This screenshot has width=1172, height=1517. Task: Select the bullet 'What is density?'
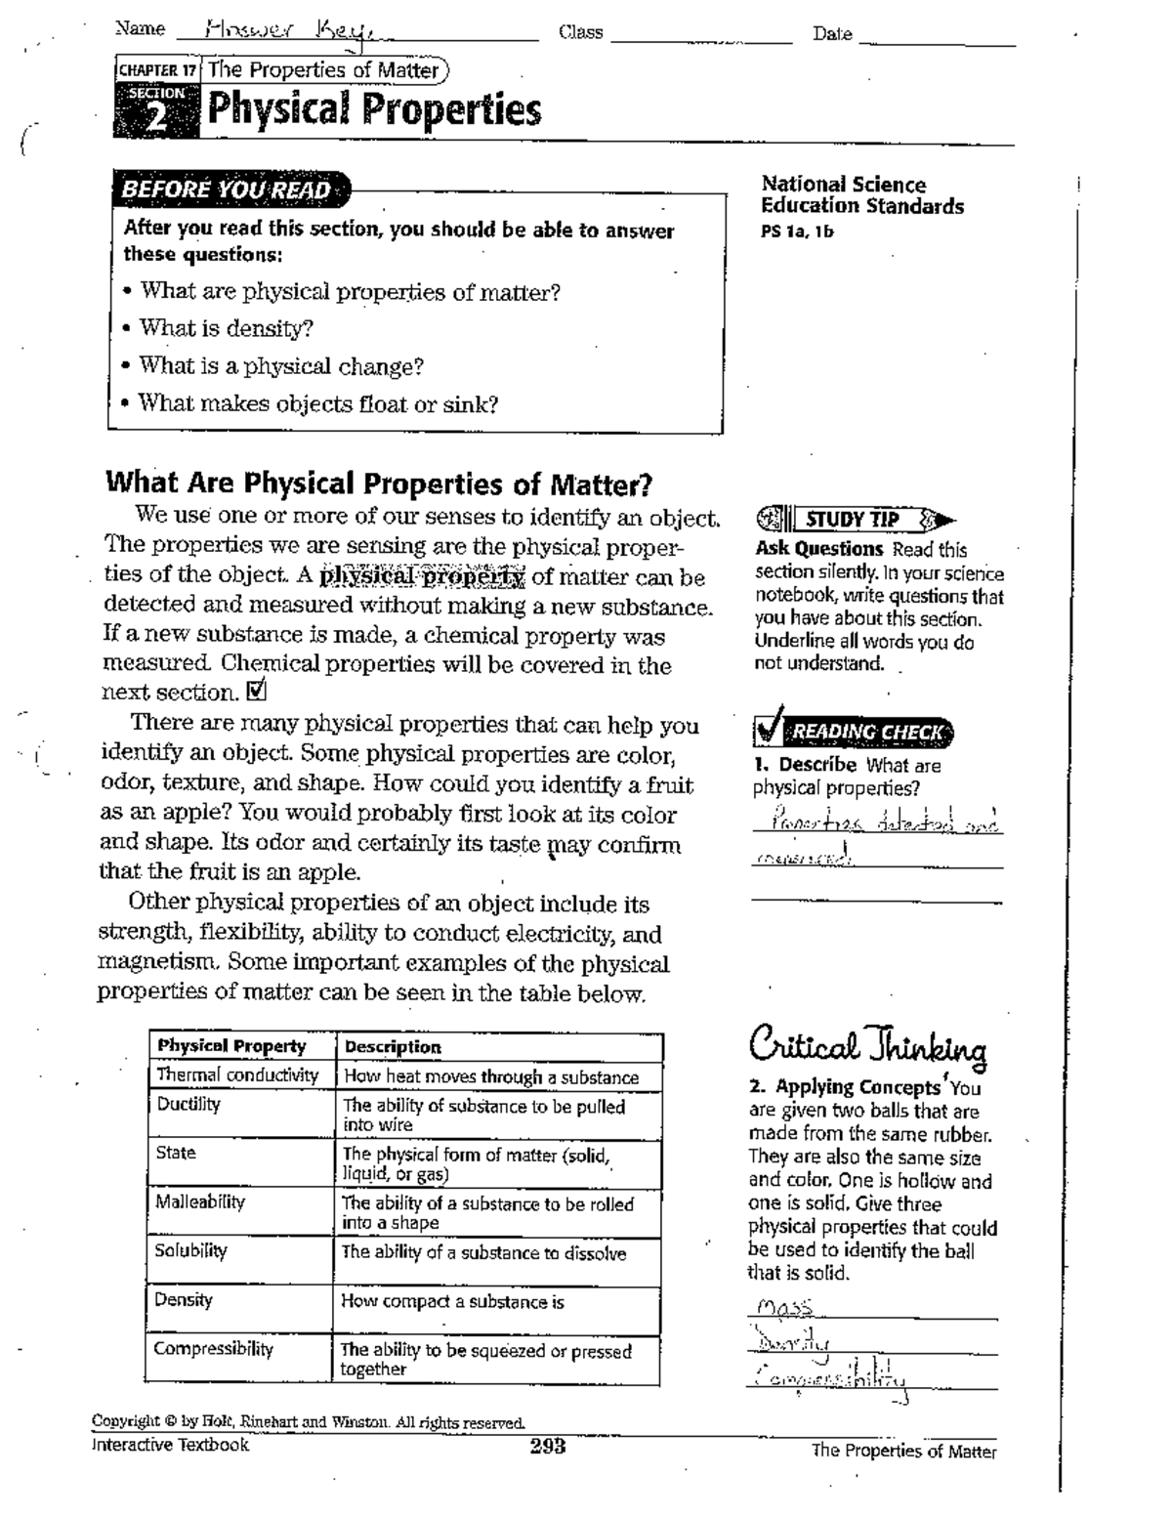226,328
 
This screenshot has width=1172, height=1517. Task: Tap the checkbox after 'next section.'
258,692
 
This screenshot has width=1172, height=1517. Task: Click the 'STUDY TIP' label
851,520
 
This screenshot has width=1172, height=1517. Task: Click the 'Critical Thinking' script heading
867,1046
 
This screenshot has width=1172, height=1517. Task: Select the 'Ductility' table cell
188,1104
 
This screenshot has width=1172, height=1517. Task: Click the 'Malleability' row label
200,1201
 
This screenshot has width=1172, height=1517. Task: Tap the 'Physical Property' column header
231,1045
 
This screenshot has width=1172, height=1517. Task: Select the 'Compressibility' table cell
213,1349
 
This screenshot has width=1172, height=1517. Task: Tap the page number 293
547,1447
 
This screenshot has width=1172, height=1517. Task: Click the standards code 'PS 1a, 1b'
797,232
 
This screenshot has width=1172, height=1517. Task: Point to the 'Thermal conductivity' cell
237,1075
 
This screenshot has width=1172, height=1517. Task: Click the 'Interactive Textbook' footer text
170,1445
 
